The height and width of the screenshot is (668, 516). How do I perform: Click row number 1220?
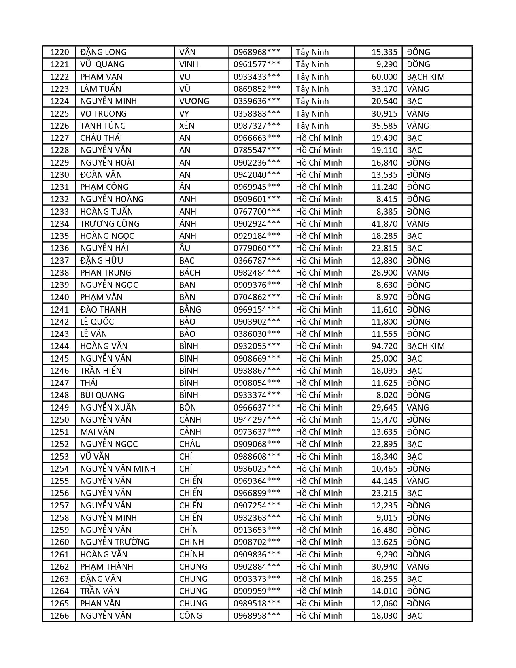pos(59,52)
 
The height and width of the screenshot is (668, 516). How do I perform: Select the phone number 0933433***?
pos(257,77)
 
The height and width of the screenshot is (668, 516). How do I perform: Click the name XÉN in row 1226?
pos(187,126)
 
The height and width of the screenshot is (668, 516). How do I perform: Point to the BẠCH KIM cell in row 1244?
pos(425,346)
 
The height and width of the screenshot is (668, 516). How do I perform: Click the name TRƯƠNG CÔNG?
pos(110,224)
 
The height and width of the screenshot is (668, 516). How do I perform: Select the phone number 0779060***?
pos(257,248)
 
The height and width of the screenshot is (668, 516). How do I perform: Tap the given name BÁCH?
pos(190,273)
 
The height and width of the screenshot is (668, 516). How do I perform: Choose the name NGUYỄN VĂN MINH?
pos(118,469)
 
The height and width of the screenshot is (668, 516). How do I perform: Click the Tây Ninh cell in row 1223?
pos(312,89)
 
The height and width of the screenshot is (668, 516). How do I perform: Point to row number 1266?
pos(59,616)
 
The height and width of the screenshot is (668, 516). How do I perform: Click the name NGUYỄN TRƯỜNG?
pos(115,542)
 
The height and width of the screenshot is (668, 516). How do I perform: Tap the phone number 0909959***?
pos(257,591)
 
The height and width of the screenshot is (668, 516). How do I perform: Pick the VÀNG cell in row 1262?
pos(418,567)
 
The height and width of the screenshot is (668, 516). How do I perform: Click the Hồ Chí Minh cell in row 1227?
pos(319,138)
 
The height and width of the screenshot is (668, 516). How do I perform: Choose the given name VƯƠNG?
pos(194,101)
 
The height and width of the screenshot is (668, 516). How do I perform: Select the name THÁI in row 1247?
pos(89,383)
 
